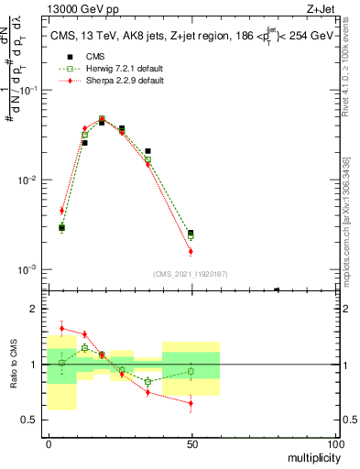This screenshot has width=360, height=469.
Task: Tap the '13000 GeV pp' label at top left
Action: (x=76, y=8)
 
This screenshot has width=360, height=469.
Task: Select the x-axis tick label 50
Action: (x=191, y=442)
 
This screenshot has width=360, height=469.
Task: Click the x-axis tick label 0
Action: (x=49, y=442)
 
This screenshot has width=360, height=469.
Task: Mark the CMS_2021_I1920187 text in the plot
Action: (x=191, y=275)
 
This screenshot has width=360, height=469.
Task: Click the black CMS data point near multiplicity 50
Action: (x=191, y=234)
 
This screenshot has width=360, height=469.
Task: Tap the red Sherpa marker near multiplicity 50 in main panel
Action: (x=191, y=251)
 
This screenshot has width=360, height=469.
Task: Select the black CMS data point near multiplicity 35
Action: (x=147, y=151)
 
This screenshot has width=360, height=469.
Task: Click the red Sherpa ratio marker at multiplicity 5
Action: (x=61, y=328)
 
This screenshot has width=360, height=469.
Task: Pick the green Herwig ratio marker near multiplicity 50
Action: (x=191, y=371)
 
